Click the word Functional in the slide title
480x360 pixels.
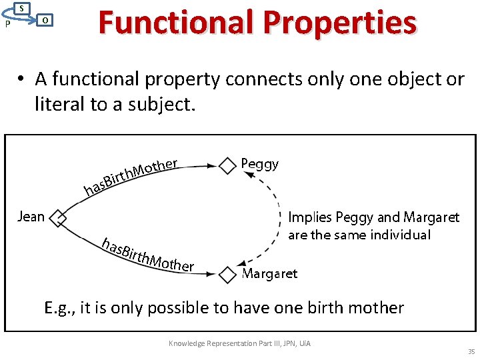tap(175, 23)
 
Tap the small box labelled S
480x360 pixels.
tap(21, 8)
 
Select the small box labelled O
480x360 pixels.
tap(44, 20)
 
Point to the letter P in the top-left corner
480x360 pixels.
tap(7, 24)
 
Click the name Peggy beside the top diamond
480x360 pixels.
tap(259, 164)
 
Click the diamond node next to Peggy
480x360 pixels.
tap(228, 165)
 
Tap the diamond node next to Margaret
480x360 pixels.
tap(228, 274)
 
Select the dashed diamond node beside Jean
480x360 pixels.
tap(59, 217)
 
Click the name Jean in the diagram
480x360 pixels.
tap(31, 217)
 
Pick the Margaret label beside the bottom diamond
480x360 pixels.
tap(269, 274)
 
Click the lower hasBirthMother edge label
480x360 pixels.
tap(147, 254)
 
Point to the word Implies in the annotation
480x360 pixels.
tap(309, 218)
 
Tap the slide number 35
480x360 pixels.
tap(471, 351)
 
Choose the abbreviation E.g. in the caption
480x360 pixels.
tap(59, 307)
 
